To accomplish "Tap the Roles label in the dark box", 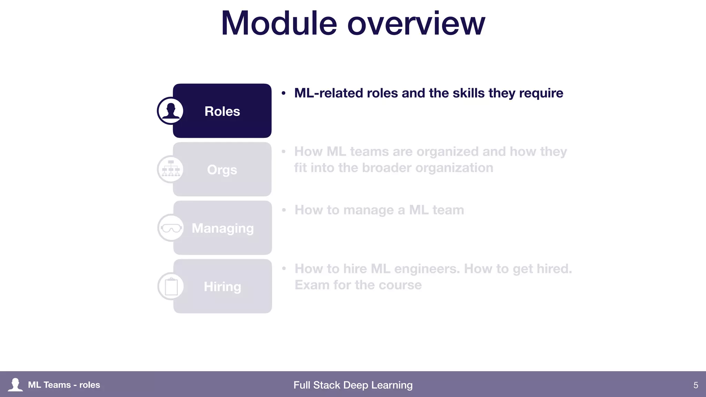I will point(222,111).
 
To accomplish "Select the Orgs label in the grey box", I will point(222,170).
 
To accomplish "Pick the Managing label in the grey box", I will point(223,228).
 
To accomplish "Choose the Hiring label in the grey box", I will point(222,287).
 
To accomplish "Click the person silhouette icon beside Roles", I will point(170,111).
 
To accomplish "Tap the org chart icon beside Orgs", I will point(171,169).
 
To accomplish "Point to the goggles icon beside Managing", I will point(171,228).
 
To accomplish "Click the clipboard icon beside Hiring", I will point(171,286).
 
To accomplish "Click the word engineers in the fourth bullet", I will point(427,269).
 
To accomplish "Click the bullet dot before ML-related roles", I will point(283,93).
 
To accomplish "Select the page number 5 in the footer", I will point(695,385).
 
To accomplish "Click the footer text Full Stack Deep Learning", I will point(353,385).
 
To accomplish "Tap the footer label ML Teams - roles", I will point(64,385).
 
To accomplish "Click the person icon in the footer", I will point(15,385).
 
